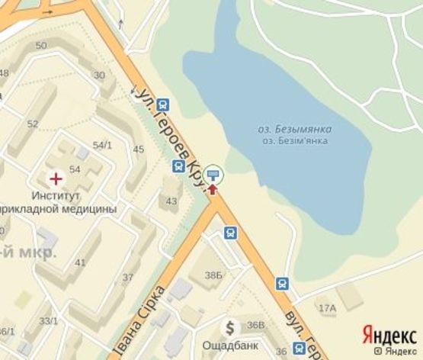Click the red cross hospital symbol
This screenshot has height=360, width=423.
(x=56, y=178)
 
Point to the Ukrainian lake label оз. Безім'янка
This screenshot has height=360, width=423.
(x=296, y=141)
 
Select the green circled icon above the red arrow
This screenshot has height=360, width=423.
(x=213, y=174)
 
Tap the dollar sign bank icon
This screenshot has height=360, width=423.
(x=229, y=327)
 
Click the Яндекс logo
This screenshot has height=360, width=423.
(x=389, y=334)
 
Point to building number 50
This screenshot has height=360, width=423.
(x=41, y=46)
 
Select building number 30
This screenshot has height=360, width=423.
(x=99, y=75)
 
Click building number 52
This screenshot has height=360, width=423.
(x=32, y=124)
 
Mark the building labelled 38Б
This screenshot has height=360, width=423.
(x=213, y=275)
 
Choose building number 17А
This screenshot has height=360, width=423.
(x=328, y=308)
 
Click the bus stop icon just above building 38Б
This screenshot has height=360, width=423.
(x=229, y=232)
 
